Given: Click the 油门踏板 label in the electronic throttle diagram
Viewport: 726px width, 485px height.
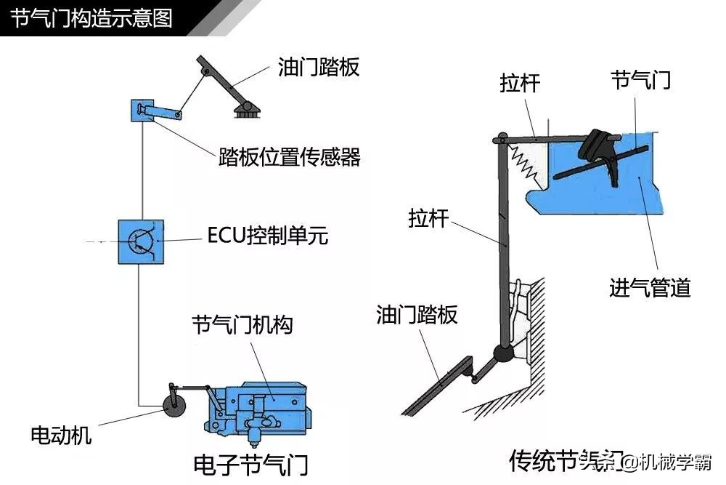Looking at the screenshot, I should tap(319, 68).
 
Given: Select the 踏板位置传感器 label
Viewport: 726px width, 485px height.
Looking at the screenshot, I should tap(289, 157).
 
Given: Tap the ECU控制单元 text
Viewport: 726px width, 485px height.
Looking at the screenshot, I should tap(267, 236).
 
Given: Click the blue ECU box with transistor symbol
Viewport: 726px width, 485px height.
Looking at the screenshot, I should tap(141, 241).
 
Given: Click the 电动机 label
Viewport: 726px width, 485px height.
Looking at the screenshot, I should tap(61, 436).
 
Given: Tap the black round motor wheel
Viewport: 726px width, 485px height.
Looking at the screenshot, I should tap(174, 407).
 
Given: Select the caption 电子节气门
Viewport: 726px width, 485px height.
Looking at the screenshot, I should tap(251, 462).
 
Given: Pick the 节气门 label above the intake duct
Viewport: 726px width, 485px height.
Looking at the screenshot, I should tap(640, 80).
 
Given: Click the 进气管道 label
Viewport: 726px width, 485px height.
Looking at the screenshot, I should tap(649, 288).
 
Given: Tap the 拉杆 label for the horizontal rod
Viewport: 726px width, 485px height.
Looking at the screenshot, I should tap(520, 83).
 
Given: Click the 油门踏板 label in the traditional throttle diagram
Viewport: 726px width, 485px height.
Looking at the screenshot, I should tap(417, 315).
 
